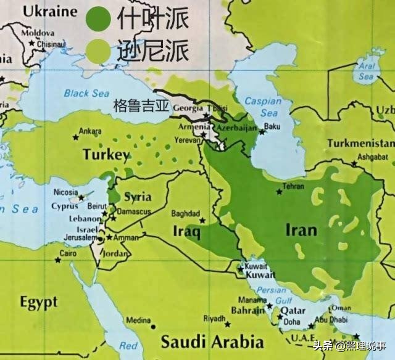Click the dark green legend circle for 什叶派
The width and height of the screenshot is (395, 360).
pos(98,18)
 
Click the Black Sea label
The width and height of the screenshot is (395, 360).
pos(86,94)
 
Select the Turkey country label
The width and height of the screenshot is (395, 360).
pos(106,155)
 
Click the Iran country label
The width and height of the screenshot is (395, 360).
pos(301,231)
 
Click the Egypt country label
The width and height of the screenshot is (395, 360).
pos(38,302)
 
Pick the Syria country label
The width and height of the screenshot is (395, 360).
pos(138,197)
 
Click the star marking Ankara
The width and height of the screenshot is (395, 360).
pos(76,137)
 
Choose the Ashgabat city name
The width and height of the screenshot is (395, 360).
pos(374,157)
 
